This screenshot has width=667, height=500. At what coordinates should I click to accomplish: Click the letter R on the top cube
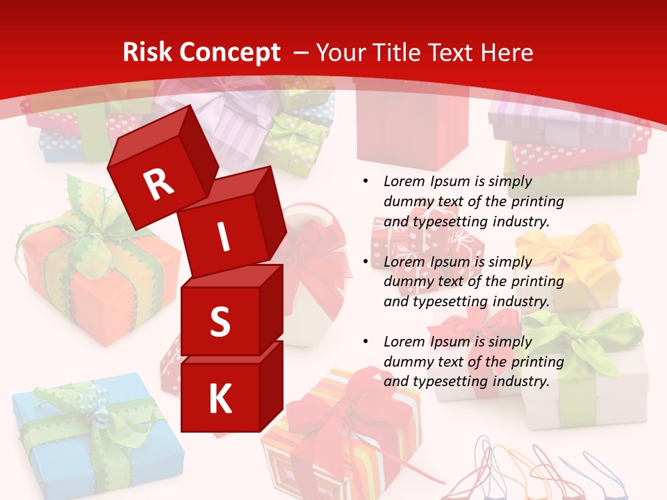pyautogui.click(x=158, y=185)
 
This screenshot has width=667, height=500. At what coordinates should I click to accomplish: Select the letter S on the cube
pyautogui.click(x=220, y=322)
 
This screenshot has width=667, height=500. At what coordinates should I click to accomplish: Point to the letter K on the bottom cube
pyautogui.click(x=220, y=400)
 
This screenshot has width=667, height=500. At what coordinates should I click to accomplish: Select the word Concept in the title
pyautogui.click(x=229, y=53)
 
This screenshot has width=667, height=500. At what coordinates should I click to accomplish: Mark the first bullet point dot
pyautogui.click(x=365, y=181)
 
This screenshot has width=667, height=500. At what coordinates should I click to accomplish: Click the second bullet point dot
pyautogui.click(x=365, y=262)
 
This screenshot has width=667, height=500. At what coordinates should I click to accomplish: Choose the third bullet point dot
pyautogui.click(x=365, y=342)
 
